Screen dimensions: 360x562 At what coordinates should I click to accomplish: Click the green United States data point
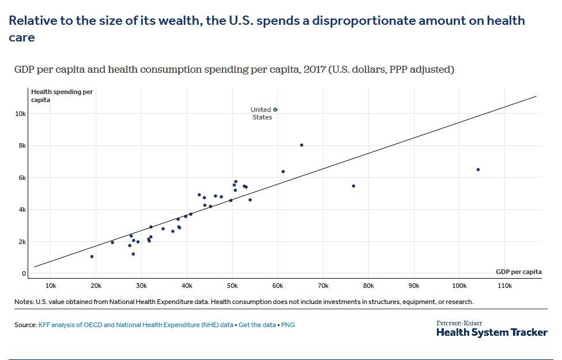[x=276, y=110]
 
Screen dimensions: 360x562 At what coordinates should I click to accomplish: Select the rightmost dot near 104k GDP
[x=478, y=170]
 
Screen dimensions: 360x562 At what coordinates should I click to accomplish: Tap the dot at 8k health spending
[x=301, y=145]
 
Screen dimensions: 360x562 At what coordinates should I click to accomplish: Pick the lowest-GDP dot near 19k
[x=92, y=257]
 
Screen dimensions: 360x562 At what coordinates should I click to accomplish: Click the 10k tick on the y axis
[x=20, y=114]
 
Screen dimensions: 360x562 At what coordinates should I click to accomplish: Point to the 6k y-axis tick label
[x=21, y=178]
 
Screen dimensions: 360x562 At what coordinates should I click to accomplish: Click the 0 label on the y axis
[x=24, y=273]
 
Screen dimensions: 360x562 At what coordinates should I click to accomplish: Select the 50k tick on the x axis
[x=232, y=286]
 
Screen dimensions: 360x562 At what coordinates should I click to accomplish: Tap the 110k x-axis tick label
[x=504, y=286]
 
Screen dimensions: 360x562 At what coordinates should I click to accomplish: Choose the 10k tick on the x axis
[x=50, y=286]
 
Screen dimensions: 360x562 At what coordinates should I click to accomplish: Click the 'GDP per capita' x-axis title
[x=519, y=272]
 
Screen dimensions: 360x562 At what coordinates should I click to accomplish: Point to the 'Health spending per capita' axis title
[x=62, y=96]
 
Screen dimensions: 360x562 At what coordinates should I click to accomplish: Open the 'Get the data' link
[x=257, y=325]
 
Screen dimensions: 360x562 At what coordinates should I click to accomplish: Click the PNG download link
[x=288, y=325]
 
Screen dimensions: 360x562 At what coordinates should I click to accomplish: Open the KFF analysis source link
[x=135, y=325]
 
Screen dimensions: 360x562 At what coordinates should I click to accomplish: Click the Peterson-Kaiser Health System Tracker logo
[x=492, y=329]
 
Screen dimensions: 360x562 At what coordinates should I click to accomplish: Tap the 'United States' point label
[x=261, y=113]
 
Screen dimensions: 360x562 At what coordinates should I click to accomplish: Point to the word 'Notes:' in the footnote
[x=24, y=302]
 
